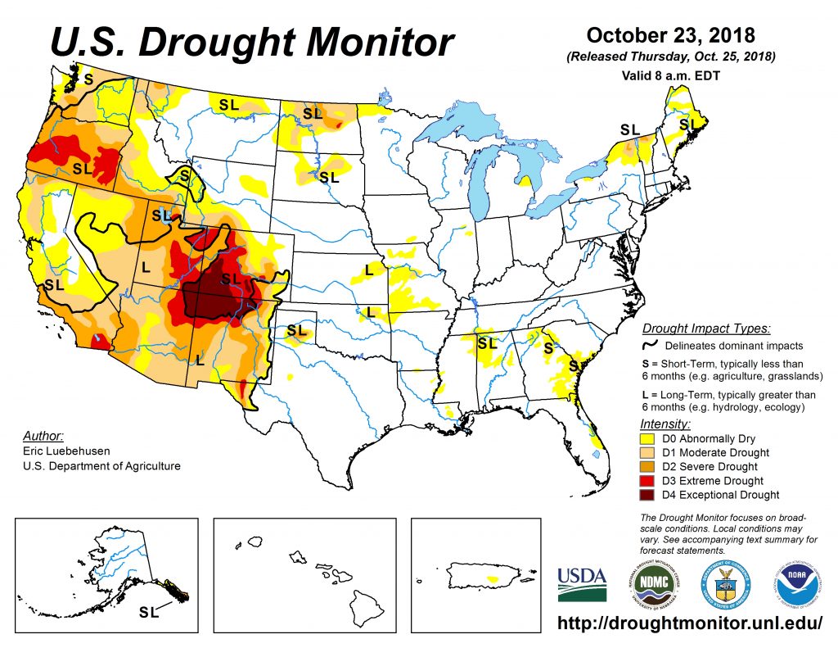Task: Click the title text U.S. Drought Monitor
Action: pyautogui.click(x=252, y=41)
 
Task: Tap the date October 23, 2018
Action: pyautogui.click(x=670, y=36)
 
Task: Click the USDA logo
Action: pyautogui.click(x=582, y=585)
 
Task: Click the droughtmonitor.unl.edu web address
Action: pyautogui.click(x=689, y=623)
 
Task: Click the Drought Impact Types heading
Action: pyautogui.click(x=705, y=329)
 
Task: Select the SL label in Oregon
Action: pyautogui.click(x=83, y=168)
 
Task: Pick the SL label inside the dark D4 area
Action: pyautogui.click(x=232, y=279)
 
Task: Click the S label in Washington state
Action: pyautogui.click(x=88, y=79)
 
